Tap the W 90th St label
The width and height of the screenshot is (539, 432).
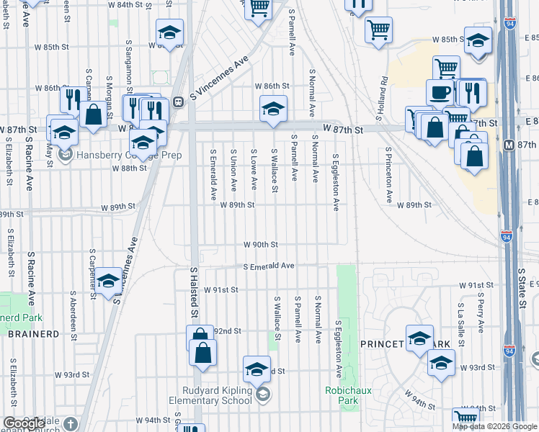point(260,245)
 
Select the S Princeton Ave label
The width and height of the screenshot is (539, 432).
point(388,175)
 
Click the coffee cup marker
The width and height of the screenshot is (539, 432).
point(440,92)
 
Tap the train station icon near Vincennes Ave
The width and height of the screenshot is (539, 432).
point(177,101)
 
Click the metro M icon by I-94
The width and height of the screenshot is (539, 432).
point(509,144)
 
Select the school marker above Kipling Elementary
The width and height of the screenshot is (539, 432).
point(257,369)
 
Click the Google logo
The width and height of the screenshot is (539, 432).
point(24,424)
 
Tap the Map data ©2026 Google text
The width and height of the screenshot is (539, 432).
point(495,426)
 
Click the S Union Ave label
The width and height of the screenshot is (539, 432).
point(233,171)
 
